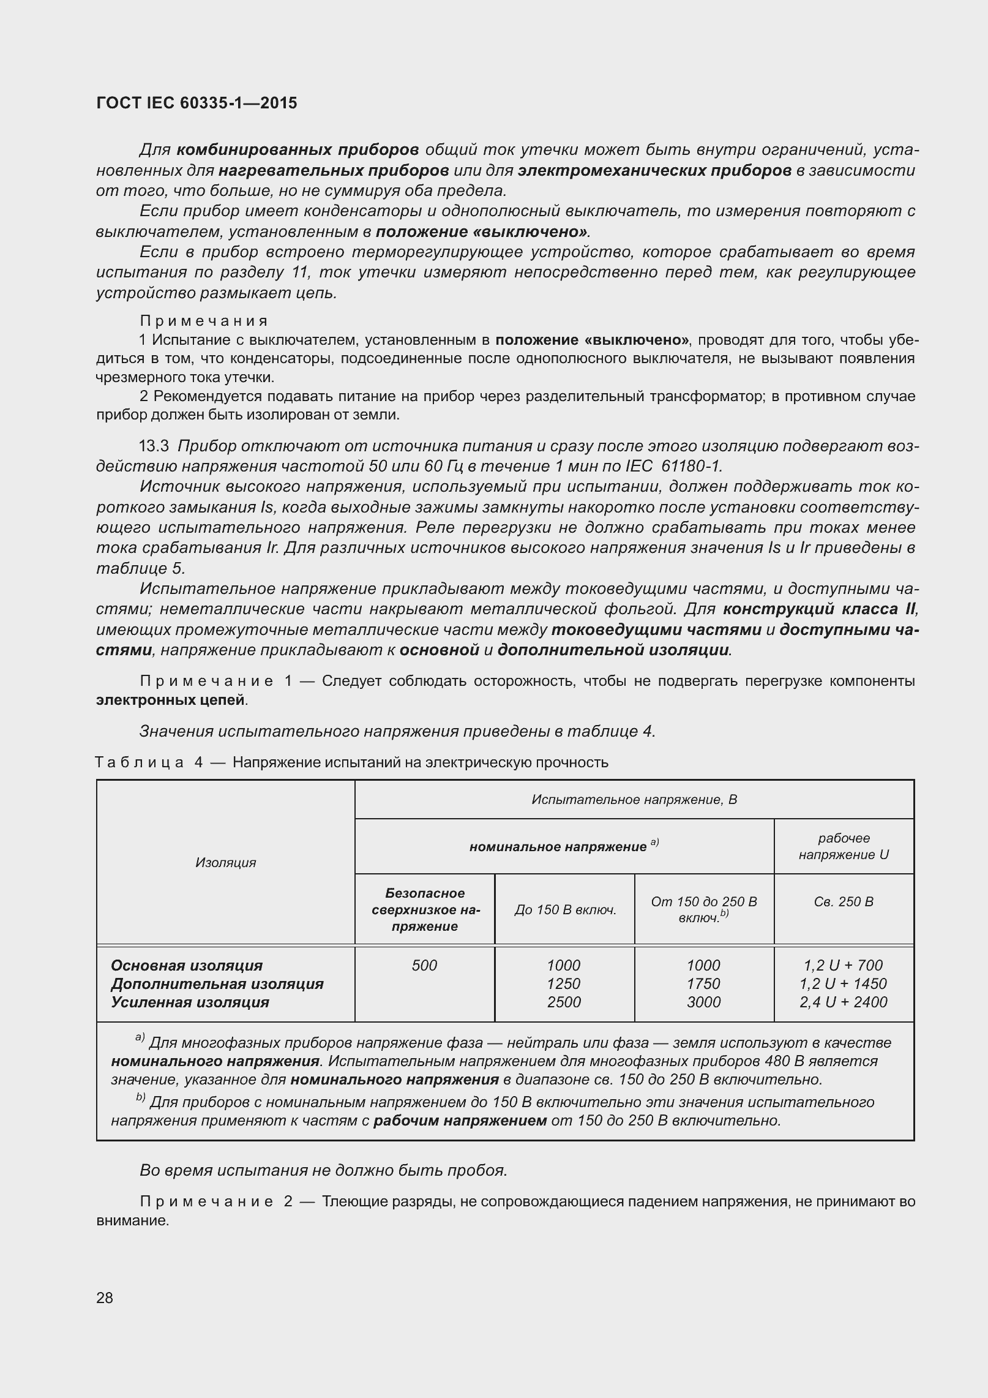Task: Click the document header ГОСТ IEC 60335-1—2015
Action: (x=196, y=103)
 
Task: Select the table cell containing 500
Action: (x=424, y=966)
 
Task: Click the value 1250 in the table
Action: (x=563, y=984)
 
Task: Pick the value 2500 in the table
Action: (x=563, y=1002)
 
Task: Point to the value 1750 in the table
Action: (x=703, y=984)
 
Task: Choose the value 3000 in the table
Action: (x=703, y=1002)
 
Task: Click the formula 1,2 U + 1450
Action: (x=843, y=984)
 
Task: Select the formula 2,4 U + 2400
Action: (x=843, y=1002)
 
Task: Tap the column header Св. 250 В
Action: (x=843, y=901)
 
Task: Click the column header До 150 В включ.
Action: (x=564, y=910)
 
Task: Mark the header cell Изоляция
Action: (x=225, y=862)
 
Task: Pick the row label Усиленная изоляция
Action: (x=190, y=1002)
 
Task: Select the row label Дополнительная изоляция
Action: (x=217, y=984)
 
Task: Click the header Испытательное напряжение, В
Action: (x=634, y=800)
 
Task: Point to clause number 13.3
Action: (x=154, y=446)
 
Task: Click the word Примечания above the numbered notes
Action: (x=204, y=321)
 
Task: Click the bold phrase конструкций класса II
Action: (x=819, y=609)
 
